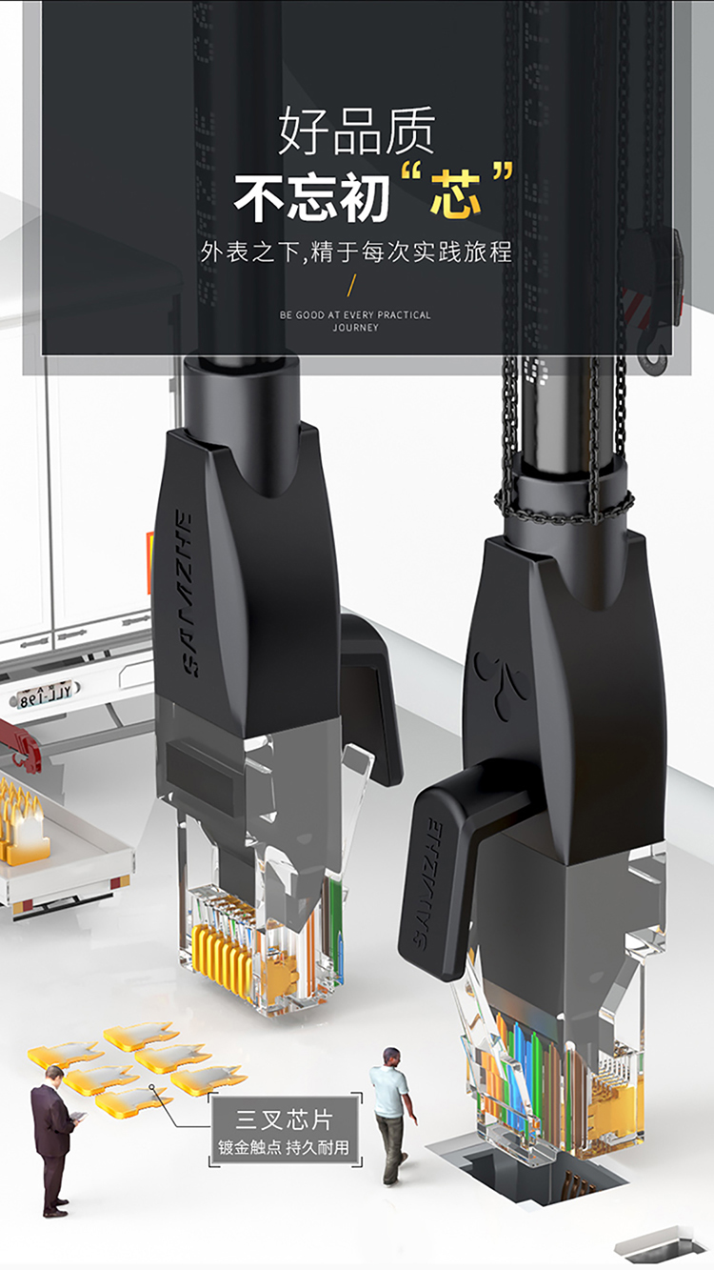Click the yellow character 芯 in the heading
coord(455,194)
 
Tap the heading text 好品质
coord(357,131)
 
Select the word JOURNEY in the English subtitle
coord(355,328)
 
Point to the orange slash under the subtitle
coord(352,285)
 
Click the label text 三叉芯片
coord(285,1119)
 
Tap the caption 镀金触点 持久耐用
coord(284,1147)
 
